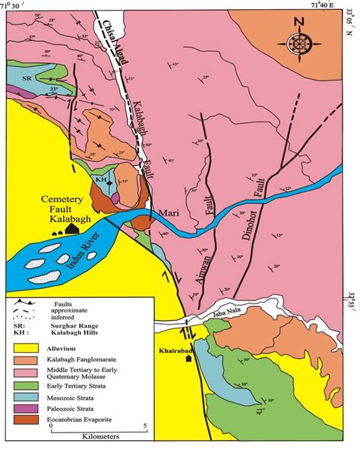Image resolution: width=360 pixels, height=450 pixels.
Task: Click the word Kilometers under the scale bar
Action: pyautogui.click(x=102, y=439)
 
